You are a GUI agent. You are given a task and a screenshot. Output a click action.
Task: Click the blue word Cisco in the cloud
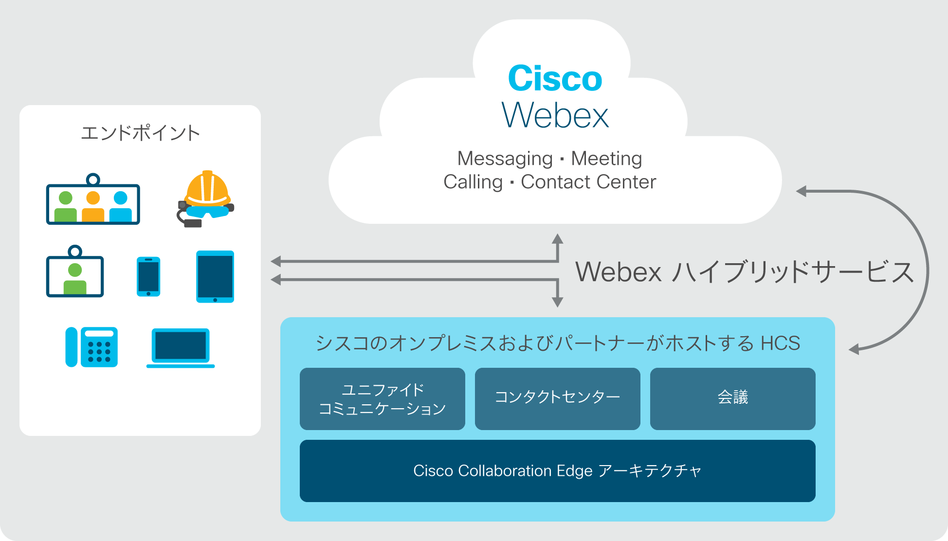click(x=555, y=78)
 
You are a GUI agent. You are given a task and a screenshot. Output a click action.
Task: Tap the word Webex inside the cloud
click(x=555, y=115)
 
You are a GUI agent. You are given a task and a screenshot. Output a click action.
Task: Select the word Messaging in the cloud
click(x=505, y=159)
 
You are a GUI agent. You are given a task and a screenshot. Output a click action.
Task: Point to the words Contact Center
click(x=588, y=182)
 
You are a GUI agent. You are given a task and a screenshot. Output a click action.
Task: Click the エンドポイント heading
click(x=140, y=133)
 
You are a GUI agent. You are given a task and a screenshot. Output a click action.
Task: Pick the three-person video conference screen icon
click(x=93, y=199)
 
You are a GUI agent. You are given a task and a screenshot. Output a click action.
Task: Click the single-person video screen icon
click(x=75, y=271)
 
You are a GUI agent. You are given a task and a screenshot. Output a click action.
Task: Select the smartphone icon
click(x=148, y=276)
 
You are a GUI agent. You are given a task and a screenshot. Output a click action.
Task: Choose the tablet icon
click(x=215, y=277)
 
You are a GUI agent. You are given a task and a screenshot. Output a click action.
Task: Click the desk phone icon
click(x=91, y=347)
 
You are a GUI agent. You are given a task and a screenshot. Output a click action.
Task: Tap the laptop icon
click(x=181, y=348)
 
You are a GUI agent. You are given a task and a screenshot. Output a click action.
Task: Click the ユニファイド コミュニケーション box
click(x=383, y=399)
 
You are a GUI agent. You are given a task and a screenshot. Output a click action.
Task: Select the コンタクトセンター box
click(x=558, y=399)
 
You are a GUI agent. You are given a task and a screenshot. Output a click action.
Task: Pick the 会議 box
click(x=733, y=399)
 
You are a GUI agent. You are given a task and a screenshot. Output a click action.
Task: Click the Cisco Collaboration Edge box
click(x=558, y=471)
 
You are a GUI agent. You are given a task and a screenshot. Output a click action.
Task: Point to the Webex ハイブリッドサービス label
click(x=745, y=271)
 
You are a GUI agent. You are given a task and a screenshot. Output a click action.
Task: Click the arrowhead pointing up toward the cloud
click(x=558, y=239)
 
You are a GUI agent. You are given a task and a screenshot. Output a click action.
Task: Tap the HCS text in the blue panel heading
click(x=781, y=343)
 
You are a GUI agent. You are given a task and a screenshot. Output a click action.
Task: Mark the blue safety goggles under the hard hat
click(x=207, y=212)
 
